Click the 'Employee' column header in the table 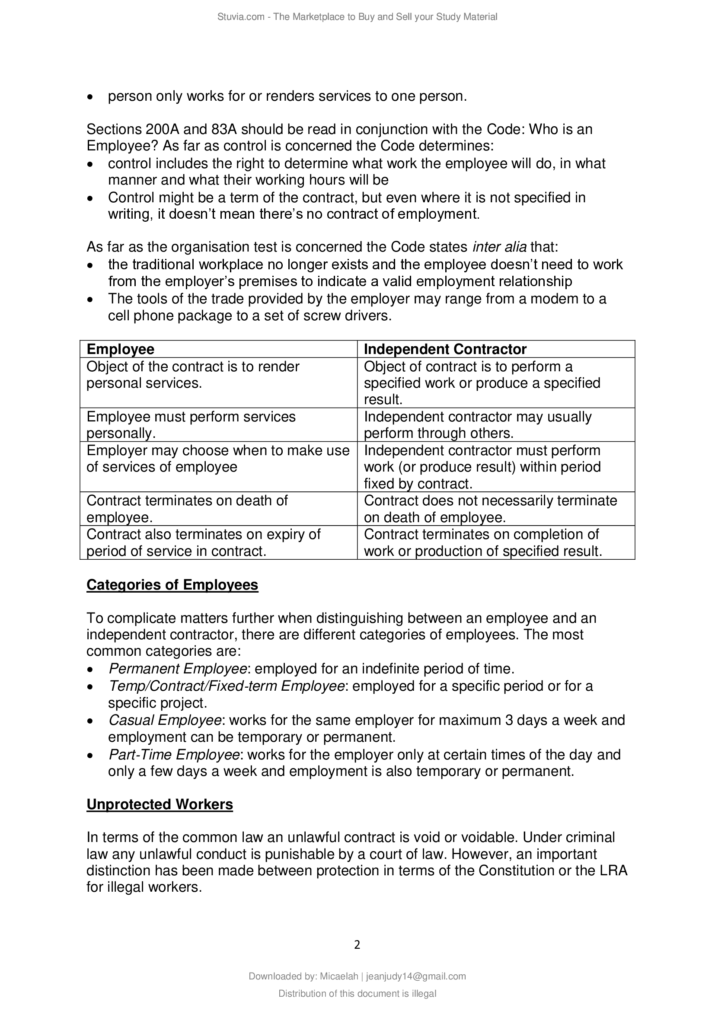120,349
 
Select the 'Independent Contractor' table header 445,349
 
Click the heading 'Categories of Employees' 172,585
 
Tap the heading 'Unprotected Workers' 160,804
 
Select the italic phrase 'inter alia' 499,247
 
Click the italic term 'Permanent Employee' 177,669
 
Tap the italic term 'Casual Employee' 165,721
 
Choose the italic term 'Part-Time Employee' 174,755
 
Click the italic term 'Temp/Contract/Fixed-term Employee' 226,686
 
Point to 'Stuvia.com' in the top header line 240,17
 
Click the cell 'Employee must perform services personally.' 191,425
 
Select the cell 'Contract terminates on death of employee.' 187,509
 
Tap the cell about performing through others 478,425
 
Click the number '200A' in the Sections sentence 161,130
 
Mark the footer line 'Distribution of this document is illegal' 357,993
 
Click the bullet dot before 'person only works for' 90,97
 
